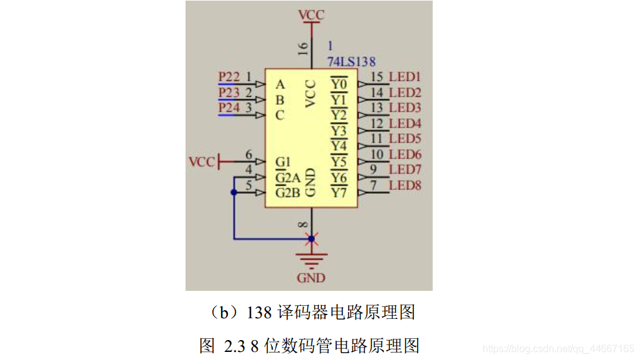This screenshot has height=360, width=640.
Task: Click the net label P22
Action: pyautogui.click(x=229, y=77)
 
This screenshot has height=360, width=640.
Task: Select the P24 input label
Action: pyautogui.click(x=229, y=108)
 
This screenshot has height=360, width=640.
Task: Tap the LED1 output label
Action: pyautogui.click(x=405, y=77)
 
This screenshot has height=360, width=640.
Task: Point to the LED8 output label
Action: pyautogui.click(x=405, y=185)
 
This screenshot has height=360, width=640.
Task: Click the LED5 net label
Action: pyautogui.click(x=405, y=138)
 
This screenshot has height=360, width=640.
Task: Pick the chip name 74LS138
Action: pyautogui.click(x=351, y=61)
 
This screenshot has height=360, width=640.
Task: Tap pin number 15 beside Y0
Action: pyautogui.click(x=376, y=77)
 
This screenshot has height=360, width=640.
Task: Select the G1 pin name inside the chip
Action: pyautogui.click(x=283, y=162)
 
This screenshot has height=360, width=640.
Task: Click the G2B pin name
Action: pyautogui.click(x=288, y=192)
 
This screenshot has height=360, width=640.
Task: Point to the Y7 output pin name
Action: pyautogui.click(x=339, y=192)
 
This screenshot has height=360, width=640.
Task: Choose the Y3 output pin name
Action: pyautogui.click(x=339, y=131)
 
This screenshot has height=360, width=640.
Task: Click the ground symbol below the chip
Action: pyautogui.click(x=311, y=258)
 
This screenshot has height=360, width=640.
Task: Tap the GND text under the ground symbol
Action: pyautogui.click(x=311, y=278)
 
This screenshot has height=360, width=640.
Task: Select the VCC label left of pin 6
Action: pyautogui.click(x=201, y=163)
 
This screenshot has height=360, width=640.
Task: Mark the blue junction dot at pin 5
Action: pyautogui.click(x=234, y=193)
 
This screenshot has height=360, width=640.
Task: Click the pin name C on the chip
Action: pyautogui.click(x=280, y=115)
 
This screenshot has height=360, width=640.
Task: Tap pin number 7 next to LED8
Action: pyautogui.click(x=373, y=185)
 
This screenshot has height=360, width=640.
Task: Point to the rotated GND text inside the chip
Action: pyautogui.click(x=311, y=182)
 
